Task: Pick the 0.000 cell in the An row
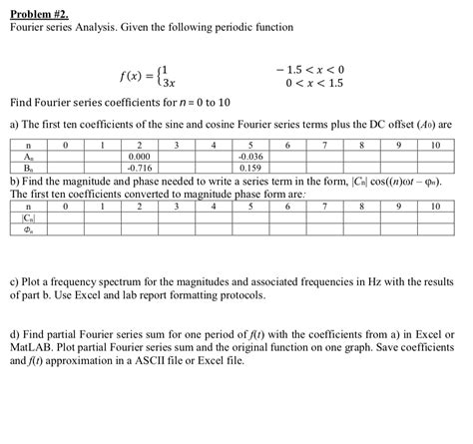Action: click(140, 157)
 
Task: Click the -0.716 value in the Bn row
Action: click(140, 167)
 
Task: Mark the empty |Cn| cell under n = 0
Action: click(66, 218)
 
